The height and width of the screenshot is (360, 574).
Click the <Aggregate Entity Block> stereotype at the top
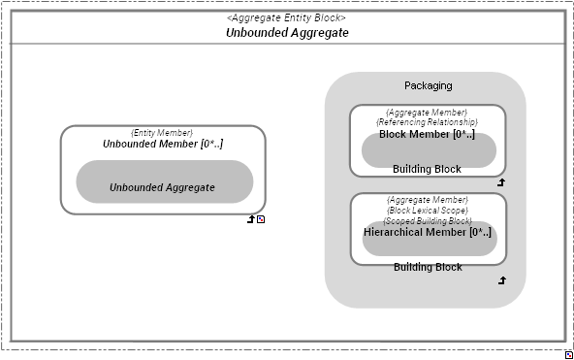[x=287, y=17]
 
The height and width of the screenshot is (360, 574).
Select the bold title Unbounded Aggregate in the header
[x=287, y=32]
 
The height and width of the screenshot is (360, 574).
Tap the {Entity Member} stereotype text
[x=162, y=132]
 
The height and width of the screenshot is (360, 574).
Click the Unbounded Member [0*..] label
[x=162, y=144]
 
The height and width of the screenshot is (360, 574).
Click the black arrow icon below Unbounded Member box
[x=251, y=219]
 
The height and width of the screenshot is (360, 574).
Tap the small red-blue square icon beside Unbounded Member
[x=261, y=219]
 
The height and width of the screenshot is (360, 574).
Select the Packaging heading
[x=428, y=85]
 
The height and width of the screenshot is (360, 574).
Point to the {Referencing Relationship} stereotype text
[x=427, y=122]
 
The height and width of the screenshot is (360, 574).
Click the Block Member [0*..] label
[x=427, y=134]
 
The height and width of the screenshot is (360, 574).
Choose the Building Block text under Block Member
[x=427, y=169]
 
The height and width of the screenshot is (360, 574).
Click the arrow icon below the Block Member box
[x=501, y=181]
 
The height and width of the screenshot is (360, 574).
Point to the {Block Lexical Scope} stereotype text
[x=427, y=210]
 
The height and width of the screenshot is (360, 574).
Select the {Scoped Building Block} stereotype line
[x=427, y=220]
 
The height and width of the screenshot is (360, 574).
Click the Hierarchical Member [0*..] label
[x=427, y=232]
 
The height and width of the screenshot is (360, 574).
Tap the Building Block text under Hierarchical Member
[x=427, y=267]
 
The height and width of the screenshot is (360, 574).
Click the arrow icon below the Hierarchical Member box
[x=501, y=280]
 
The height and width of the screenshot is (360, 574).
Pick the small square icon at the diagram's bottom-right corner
[x=568, y=355]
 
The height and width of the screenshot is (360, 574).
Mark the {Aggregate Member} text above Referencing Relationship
[x=427, y=113]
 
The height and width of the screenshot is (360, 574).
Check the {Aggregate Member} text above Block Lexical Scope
[x=427, y=200]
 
